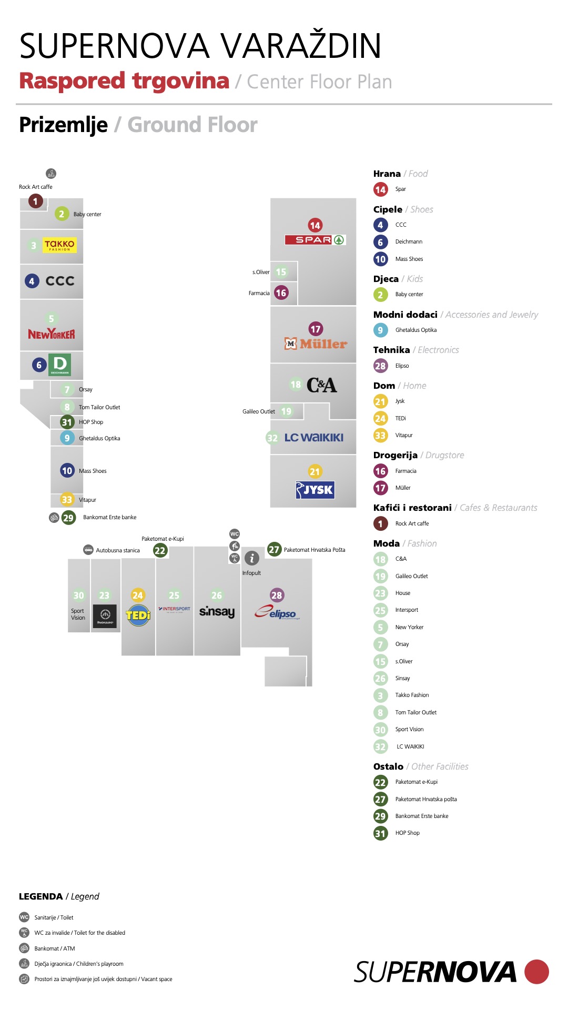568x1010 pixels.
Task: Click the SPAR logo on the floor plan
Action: click(315, 240)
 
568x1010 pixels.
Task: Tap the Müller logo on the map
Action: click(316, 344)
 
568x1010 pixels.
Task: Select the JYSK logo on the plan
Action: click(315, 490)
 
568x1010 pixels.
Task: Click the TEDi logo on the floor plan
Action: click(138, 615)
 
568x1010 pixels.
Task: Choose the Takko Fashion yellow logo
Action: click(59, 245)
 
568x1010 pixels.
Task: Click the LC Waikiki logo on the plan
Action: click(314, 437)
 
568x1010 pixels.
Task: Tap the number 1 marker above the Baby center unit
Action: click(36, 201)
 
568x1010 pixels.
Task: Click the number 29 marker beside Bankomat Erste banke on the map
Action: click(68, 518)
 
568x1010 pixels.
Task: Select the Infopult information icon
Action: click(252, 558)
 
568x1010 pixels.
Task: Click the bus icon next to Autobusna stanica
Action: click(88, 550)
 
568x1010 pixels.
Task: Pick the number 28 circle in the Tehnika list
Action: click(380, 366)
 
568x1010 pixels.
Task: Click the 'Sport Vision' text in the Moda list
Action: click(409, 729)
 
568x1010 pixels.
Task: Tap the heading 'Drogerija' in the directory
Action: click(395, 455)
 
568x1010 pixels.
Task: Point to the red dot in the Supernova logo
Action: click(536, 972)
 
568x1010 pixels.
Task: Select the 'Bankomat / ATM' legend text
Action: click(55, 948)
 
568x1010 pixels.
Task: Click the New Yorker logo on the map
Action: click(52, 334)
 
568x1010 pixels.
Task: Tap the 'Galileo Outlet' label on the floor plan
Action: click(259, 411)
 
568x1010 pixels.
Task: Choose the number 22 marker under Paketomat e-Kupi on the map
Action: click(160, 551)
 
